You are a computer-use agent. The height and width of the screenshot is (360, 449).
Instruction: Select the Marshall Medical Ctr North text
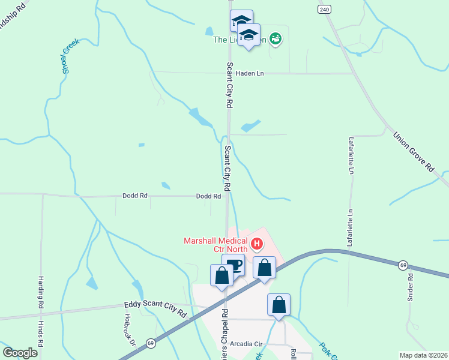click(216, 246)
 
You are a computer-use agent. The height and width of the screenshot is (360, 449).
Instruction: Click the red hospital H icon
click(257, 244)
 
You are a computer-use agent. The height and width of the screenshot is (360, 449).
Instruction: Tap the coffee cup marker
click(234, 265)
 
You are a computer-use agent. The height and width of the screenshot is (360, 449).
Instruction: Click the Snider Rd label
click(411, 287)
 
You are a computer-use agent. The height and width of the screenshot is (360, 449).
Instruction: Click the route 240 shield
click(325, 10)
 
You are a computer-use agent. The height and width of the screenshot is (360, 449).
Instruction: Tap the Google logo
click(20, 353)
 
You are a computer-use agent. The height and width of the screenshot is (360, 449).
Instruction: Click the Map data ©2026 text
click(423, 355)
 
